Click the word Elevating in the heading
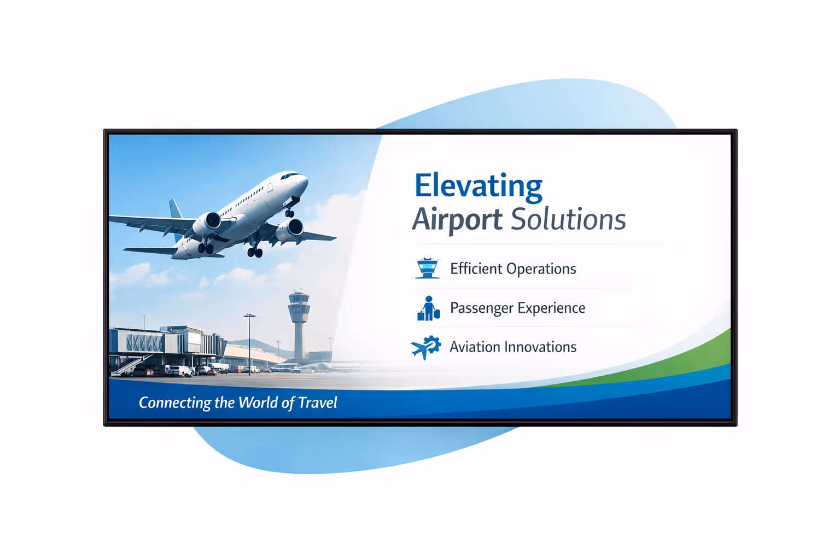pos(478,186)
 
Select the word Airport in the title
pos(457,220)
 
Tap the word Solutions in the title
pos(568,220)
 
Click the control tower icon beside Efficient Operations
pos(427,268)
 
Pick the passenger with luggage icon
pos(428,308)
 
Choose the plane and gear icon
pos(425,347)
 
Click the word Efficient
pos(476,269)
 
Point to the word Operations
pos(541,269)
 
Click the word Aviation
pos(475,347)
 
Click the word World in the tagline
pos(258,403)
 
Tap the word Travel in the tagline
pos(318,403)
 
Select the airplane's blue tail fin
pos(176,211)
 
